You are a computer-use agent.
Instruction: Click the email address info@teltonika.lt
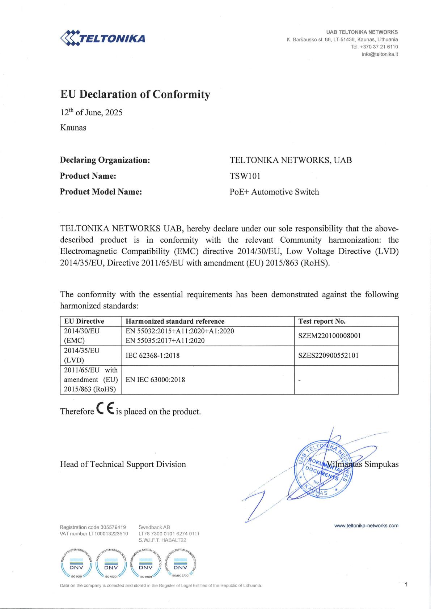[380, 54]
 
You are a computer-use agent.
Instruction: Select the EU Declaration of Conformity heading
[135, 94]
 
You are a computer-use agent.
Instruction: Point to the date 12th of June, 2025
[91, 112]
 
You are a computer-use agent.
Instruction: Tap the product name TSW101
[245, 176]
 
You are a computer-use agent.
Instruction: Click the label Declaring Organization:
[105, 160]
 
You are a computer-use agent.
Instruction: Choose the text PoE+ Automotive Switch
[274, 192]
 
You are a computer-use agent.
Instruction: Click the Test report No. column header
[322, 321]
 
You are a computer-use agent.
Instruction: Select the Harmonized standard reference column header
[175, 321]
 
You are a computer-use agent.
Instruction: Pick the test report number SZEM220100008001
[329, 336]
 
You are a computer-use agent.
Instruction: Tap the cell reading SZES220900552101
[328, 355]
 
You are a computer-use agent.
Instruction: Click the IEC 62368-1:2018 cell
[152, 355]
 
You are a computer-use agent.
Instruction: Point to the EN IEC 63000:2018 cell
[155, 380]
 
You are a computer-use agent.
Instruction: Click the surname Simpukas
[381, 464]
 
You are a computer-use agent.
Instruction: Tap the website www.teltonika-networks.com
[366, 526]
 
